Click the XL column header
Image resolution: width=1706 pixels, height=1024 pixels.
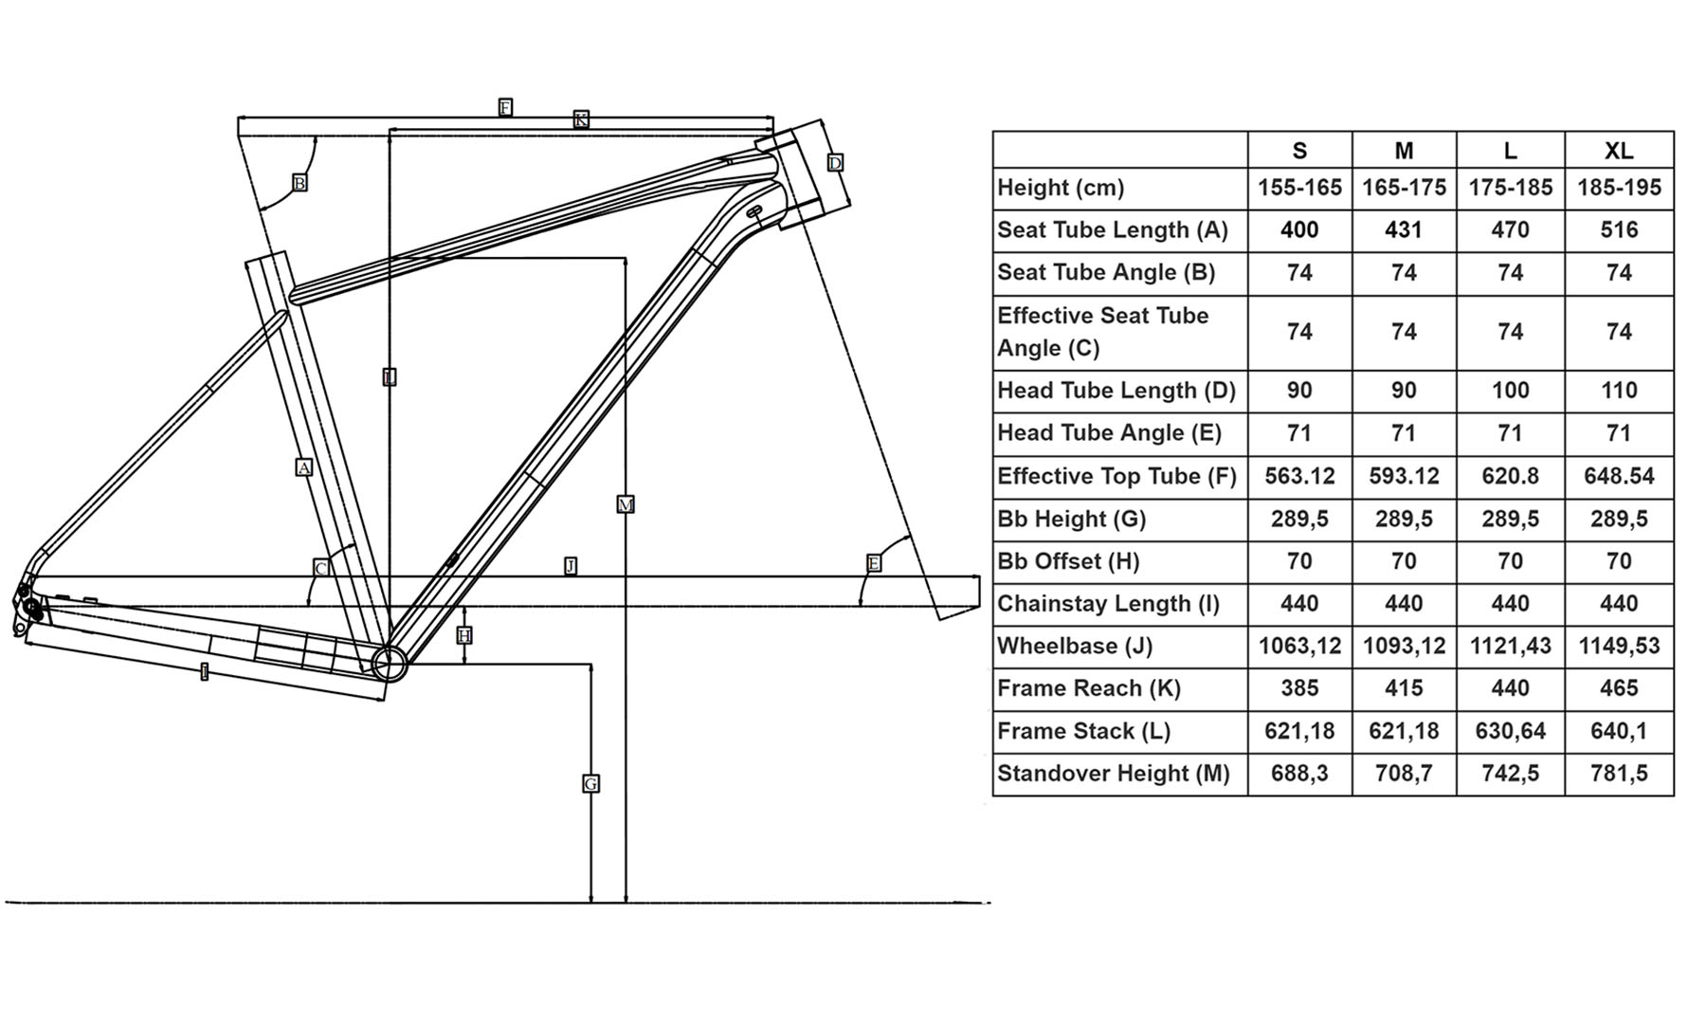(1618, 151)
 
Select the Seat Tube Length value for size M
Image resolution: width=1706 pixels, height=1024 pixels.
(1403, 230)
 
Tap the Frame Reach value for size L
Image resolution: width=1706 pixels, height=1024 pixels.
(1509, 688)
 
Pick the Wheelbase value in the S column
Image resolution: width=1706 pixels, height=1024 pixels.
(1299, 647)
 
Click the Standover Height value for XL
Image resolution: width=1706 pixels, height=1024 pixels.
(1618, 774)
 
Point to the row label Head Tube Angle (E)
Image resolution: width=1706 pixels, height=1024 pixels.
(1109, 433)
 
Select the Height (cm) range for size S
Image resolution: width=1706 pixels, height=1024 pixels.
(1299, 188)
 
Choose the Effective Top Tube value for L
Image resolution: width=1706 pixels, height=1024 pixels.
(1509, 476)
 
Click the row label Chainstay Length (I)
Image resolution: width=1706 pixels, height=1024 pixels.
(1108, 604)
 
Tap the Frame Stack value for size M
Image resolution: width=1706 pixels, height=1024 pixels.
(1403, 731)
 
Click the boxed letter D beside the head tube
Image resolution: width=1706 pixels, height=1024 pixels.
(835, 163)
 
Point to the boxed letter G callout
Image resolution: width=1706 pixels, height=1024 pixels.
(590, 784)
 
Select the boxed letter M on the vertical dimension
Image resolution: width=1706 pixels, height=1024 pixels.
(626, 504)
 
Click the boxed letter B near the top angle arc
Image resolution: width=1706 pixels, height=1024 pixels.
(299, 183)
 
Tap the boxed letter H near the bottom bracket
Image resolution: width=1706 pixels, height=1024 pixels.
(463, 635)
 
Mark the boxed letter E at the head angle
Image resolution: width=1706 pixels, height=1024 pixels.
(874, 563)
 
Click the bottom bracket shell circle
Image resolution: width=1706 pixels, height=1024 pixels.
(390, 663)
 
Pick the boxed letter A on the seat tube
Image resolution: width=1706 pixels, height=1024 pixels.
(303, 467)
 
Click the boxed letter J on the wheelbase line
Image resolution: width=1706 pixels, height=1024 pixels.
(571, 566)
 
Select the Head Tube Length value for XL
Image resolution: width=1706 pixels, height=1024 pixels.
(1618, 391)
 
